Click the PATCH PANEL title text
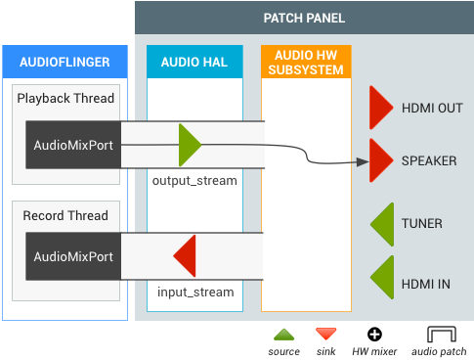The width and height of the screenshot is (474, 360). (304, 19)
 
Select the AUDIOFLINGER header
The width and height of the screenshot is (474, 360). (65, 63)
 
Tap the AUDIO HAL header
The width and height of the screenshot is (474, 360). (194, 63)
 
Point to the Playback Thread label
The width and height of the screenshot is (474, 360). (66, 99)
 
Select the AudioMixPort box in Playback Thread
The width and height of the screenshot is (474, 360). (73, 146)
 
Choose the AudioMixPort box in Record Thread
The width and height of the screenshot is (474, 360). (73, 257)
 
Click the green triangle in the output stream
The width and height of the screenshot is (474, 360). (189, 145)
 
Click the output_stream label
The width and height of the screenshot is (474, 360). (194, 181)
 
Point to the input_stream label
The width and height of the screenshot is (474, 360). (195, 292)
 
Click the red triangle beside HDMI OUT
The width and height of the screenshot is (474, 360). (380, 108)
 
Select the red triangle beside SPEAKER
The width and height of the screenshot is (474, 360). (380, 160)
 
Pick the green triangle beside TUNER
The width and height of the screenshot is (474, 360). (381, 224)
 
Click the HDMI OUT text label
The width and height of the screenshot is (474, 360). (431, 108)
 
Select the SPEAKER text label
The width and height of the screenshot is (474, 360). (429, 160)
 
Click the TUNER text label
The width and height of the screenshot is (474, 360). (421, 224)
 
